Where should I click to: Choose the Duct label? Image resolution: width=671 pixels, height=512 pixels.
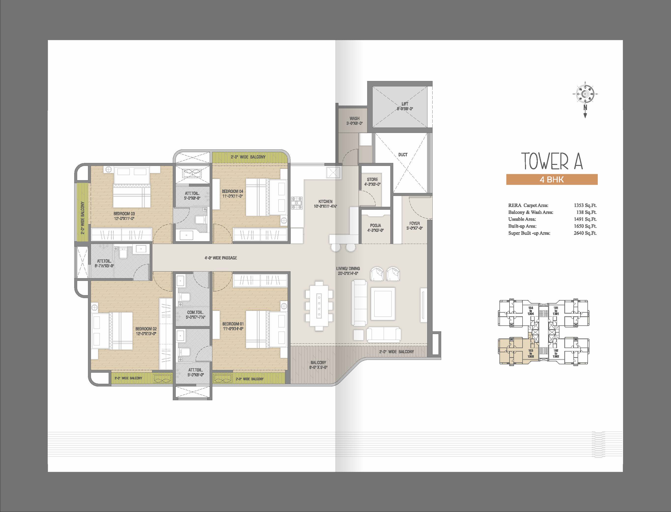click(x=403, y=155)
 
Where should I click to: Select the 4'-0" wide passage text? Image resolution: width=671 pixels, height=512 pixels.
click(x=221, y=258)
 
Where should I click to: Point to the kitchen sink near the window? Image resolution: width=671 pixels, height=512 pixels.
click(x=333, y=173)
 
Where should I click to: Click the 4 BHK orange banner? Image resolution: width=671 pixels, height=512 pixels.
click(x=552, y=179)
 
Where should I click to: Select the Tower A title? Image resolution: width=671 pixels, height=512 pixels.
click(x=552, y=161)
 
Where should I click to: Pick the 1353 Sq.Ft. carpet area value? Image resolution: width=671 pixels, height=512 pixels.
click(x=585, y=205)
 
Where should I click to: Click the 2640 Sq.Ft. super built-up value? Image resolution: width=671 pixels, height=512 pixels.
click(x=585, y=233)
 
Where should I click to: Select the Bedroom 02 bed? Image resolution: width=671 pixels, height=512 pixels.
click(x=113, y=331)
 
